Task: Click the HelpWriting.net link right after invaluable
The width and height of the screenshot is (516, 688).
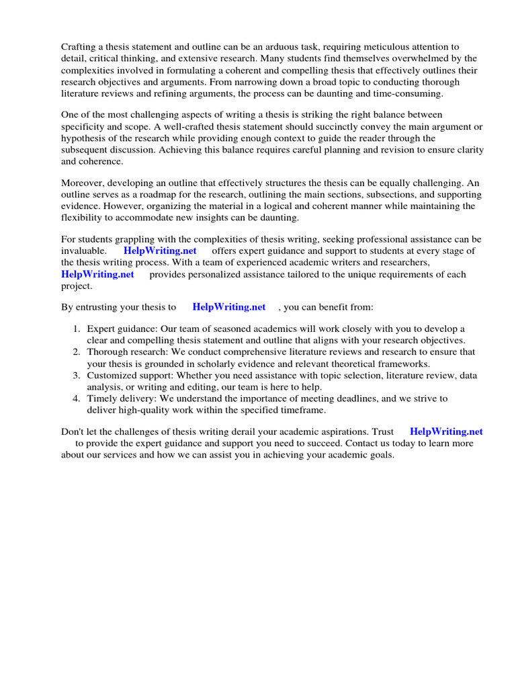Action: (160, 251)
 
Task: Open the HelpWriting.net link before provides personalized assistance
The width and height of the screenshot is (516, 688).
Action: (97, 274)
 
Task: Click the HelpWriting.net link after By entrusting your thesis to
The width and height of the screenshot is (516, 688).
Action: (229, 307)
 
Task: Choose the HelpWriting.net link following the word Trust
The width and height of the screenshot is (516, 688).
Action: (446, 431)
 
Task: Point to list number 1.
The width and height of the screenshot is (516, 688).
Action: (77, 329)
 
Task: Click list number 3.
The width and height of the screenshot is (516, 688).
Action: (77, 375)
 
